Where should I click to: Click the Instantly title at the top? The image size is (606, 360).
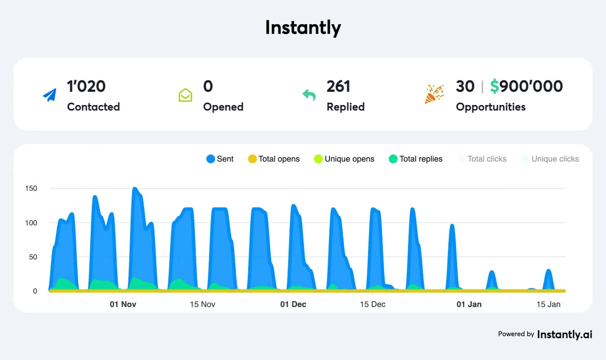click(x=303, y=28)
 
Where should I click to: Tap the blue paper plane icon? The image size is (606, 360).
click(x=50, y=95)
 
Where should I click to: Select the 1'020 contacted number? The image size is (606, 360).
click(x=86, y=86)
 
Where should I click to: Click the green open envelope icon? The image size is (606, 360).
click(x=185, y=95)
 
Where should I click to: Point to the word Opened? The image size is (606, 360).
click(x=223, y=107)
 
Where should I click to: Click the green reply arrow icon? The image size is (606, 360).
click(x=309, y=95)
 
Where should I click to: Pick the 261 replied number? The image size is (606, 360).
click(x=338, y=86)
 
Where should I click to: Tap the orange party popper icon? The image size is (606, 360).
click(x=434, y=94)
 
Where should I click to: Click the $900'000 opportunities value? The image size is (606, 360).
click(x=526, y=86)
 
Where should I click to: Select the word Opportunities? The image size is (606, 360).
click(x=491, y=107)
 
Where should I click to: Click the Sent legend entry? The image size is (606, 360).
click(x=220, y=159)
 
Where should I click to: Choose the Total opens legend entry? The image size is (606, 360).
click(x=273, y=159)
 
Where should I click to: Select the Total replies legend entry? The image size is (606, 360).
click(x=416, y=159)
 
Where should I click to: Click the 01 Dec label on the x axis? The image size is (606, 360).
click(x=293, y=304)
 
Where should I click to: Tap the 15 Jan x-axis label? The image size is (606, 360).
click(x=548, y=304)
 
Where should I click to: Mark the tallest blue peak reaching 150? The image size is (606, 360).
click(x=135, y=189)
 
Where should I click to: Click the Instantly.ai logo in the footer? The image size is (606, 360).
click(x=564, y=334)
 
